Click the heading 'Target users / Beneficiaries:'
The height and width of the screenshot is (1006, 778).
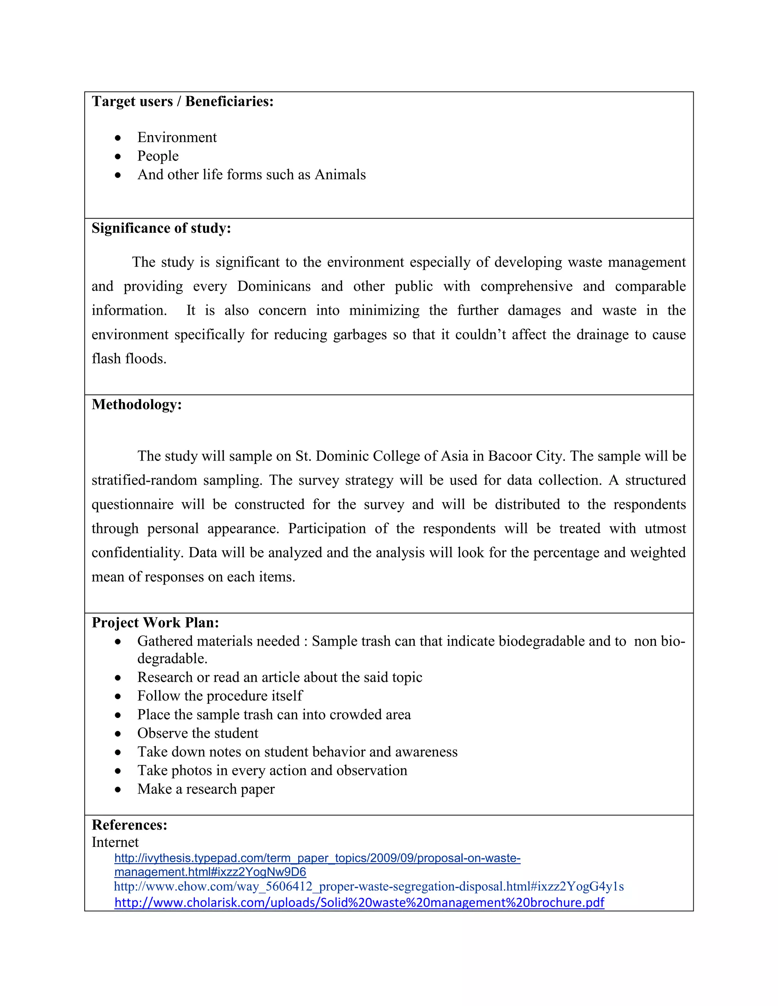point(182,101)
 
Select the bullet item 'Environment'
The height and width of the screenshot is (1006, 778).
point(177,137)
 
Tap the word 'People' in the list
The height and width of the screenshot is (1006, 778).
point(158,156)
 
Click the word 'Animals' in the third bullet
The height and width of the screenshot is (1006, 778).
point(340,175)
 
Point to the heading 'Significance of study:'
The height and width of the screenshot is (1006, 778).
point(161,228)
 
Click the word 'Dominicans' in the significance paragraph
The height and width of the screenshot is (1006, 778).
point(274,286)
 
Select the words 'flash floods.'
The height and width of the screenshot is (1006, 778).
point(129,358)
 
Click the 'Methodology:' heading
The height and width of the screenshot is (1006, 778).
point(137,404)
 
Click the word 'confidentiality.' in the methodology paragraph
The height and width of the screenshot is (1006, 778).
point(138,552)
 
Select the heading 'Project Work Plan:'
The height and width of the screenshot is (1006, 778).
point(155,623)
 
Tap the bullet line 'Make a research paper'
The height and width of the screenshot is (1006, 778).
point(206,789)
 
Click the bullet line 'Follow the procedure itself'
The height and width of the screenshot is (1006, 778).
point(220,695)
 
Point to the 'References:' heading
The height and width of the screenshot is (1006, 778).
point(130,825)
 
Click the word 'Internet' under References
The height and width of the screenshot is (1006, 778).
point(115,842)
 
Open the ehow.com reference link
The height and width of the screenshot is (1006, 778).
point(369,886)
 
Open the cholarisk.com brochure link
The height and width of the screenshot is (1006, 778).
point(359,902)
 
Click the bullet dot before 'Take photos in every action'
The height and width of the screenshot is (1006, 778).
point(118,771)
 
